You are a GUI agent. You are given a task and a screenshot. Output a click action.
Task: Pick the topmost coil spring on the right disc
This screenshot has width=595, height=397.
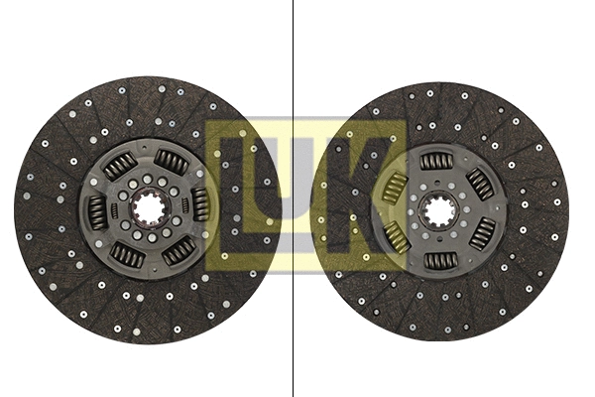click(436, 161)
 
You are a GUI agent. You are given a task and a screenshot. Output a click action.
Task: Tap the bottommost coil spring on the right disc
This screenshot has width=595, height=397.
click(439, 260)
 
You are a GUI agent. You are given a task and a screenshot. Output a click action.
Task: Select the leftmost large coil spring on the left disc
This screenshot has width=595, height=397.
click(97, 210)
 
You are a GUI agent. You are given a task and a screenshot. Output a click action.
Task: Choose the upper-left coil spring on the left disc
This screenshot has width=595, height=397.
click(120, 166)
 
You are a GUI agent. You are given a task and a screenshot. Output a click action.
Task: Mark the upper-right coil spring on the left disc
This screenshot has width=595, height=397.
click(172, 160)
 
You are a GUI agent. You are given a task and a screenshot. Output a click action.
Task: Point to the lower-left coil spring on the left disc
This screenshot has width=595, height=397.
click(127, 255)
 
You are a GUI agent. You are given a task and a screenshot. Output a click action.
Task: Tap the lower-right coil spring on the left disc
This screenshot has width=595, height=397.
click(178, 250)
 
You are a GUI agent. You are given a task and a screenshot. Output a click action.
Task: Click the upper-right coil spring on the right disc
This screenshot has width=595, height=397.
click(481, 184)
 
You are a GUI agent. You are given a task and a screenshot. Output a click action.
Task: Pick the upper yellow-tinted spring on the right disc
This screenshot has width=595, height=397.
click(395, 186)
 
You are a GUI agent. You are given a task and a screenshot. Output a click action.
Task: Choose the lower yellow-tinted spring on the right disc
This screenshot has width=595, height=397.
click(396, 236)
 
